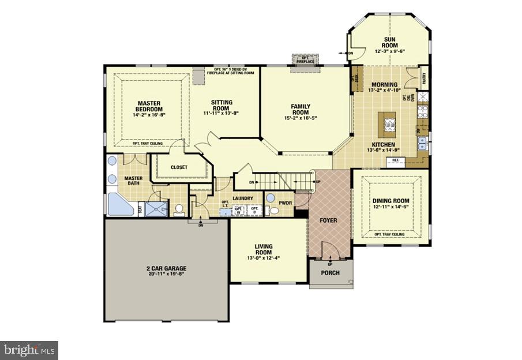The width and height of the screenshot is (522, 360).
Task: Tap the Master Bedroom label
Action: pos(149,106)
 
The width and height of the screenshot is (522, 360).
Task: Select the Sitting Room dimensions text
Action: pos(221,114)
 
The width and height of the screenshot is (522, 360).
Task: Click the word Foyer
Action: pos(328,220)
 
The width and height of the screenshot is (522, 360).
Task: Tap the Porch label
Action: pos(330,273)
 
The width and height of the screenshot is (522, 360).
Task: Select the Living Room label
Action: pos(264,249)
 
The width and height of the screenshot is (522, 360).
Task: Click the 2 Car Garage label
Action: pos(166,268)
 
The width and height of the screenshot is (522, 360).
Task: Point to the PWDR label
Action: pos(285,203)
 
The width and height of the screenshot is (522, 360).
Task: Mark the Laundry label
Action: pos(243,199)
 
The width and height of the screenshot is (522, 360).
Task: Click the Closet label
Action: pos(179,168)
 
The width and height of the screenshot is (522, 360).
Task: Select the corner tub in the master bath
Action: pos(118,204)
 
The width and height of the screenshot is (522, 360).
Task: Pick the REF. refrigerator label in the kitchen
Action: pos(396,160)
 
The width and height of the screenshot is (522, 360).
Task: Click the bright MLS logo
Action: pos(29,350)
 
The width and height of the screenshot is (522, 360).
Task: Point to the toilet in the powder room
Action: pos(273,211)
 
